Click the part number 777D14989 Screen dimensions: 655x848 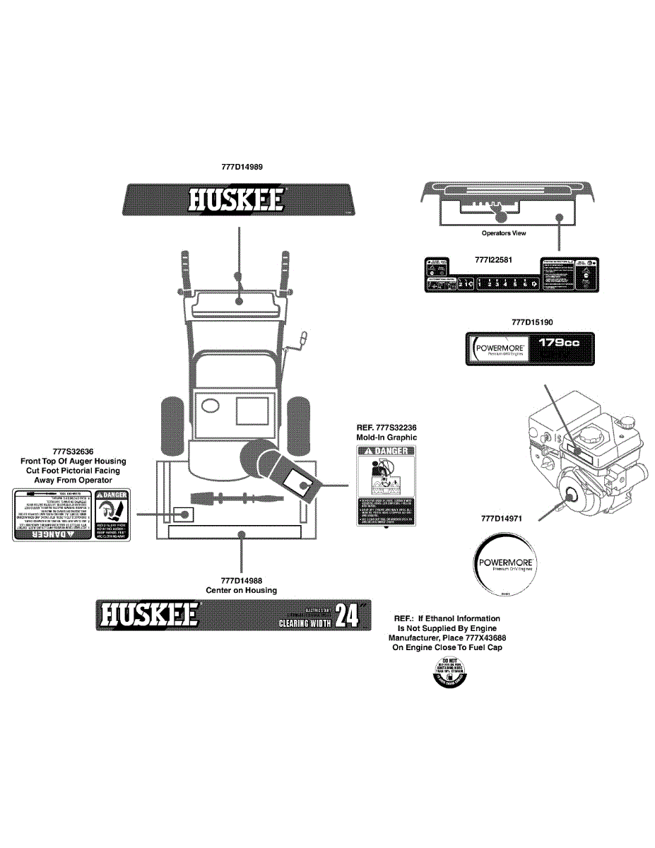pyautogui.click(x=242, y=167)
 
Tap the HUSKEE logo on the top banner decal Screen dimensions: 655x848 pyautogui.click(x=237, y=199)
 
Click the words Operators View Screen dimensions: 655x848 pyautogui.click(x=504, y=233)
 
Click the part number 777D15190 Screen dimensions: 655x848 pyautogui.click(x=532, y=322)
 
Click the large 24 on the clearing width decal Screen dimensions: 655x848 pyautogui.click(x=347, y=616)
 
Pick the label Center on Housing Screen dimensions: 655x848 pyautogui.click(x=241, y=590)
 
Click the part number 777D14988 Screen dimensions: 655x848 pyautogui.click(x=241, y=581)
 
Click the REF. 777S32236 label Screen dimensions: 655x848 pyautogui.click(x=386, y=428)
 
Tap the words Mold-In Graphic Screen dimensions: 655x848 pyautogui.click(x=386, y=437)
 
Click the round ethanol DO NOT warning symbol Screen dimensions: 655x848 pyautogui.click(x=449, y=673)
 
